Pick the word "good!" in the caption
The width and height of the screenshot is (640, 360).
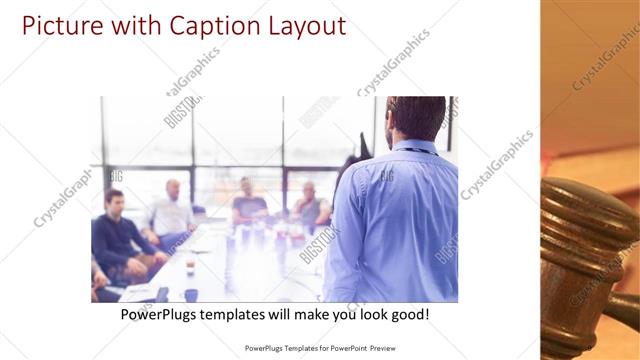coord(408,315)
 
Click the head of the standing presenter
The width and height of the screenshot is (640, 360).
coord(414,118)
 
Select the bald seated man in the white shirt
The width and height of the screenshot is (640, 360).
coord(172,213)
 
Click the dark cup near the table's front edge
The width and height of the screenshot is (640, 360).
coord(191,294)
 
